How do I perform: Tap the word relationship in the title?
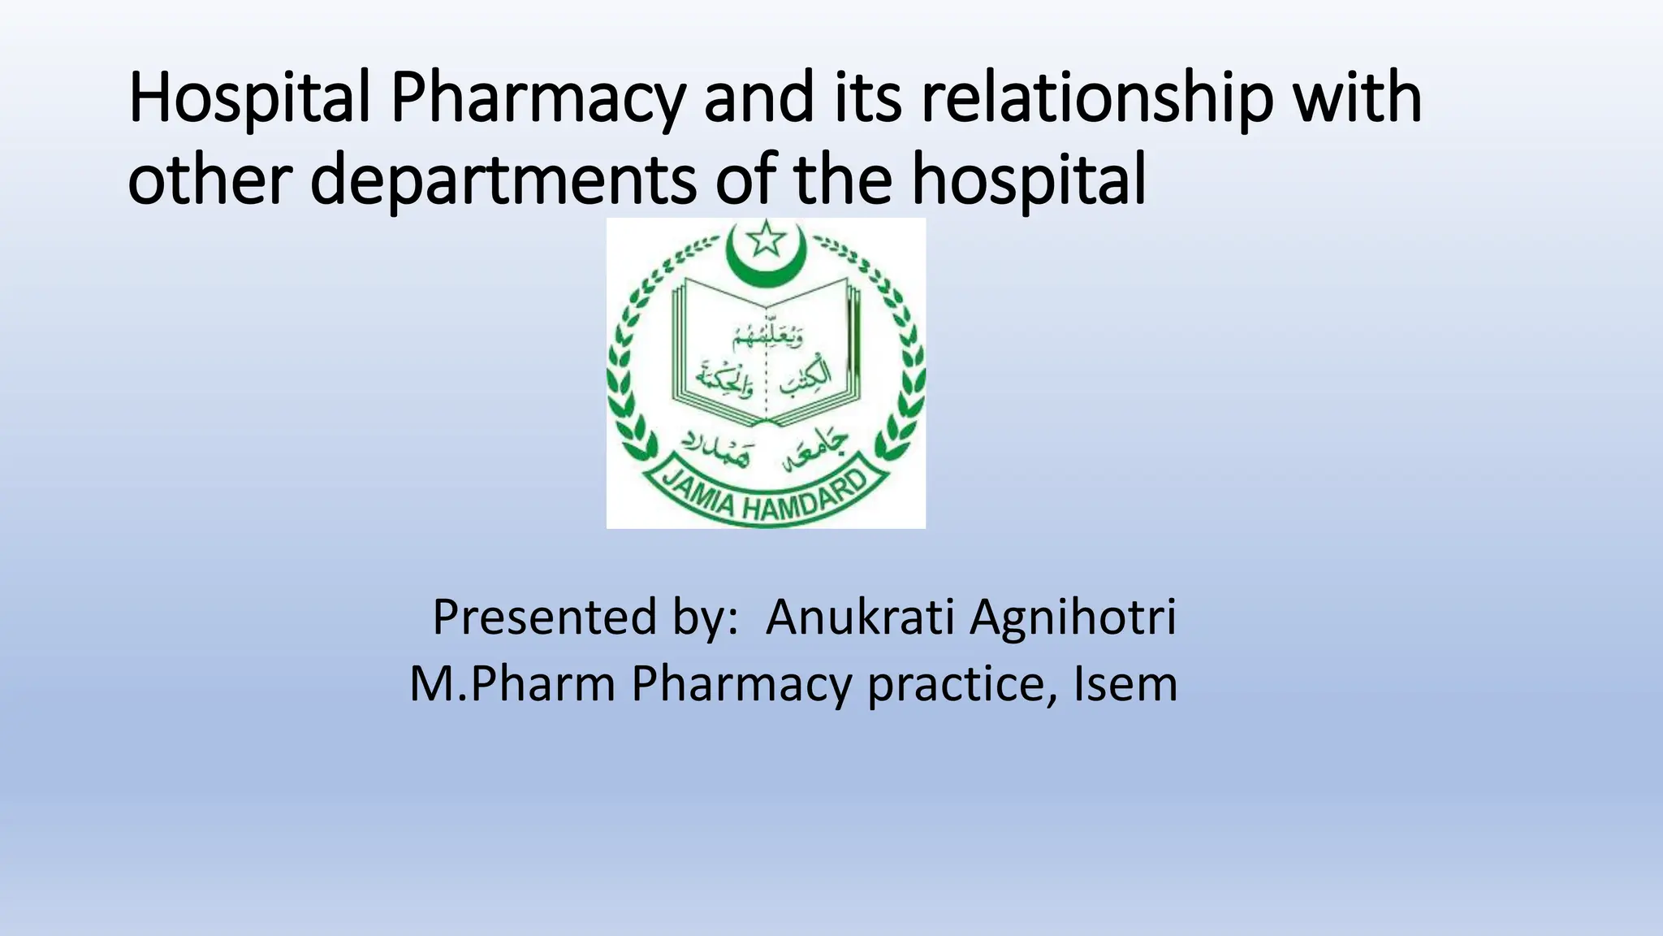[1097, 99]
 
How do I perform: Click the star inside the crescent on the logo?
[766, 240]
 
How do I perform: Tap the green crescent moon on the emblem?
[766, 265]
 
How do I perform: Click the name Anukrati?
[860, 617]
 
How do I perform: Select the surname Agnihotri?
[1073, 617]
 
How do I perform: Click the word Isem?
[1125, 684]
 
